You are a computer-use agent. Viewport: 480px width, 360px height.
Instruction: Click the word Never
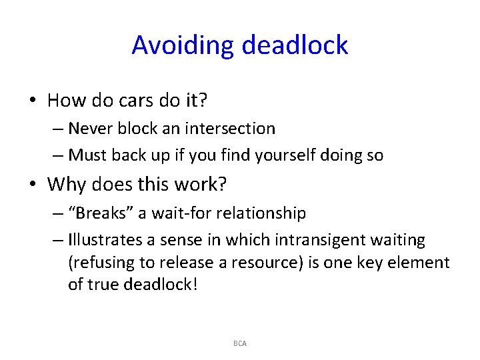89,128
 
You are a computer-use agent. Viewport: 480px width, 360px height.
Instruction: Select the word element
423,263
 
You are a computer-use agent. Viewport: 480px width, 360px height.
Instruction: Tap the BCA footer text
240,343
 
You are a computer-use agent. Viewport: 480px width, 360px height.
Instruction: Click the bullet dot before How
33,101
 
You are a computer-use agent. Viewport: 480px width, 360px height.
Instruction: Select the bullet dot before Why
33,184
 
